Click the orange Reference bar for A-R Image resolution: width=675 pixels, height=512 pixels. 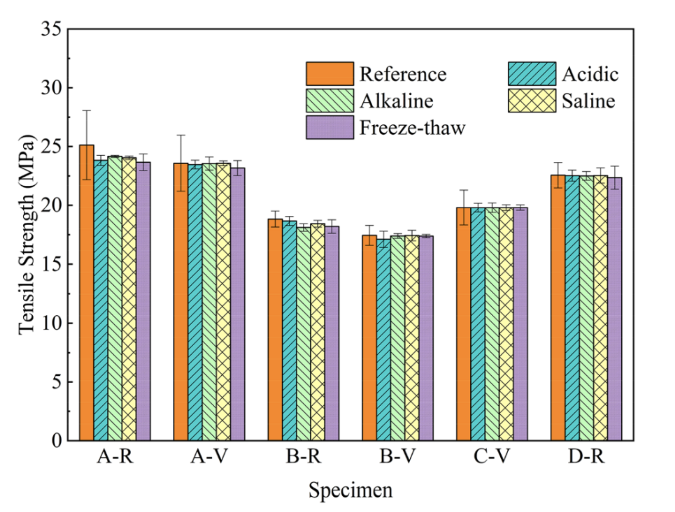pos(87,292)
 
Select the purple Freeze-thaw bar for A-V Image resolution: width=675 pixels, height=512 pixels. pos(238,304)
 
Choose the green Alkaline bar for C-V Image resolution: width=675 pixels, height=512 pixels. pos(492,324)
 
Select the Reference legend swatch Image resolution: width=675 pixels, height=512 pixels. pos(330,74)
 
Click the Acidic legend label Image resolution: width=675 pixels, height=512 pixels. pos(590,74)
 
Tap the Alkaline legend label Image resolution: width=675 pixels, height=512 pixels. pos(396,101)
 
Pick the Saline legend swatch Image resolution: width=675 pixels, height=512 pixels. pos(532,101)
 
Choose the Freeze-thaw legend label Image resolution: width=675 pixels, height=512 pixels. pos(412,128)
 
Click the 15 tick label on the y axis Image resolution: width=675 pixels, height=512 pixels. pos(52,264)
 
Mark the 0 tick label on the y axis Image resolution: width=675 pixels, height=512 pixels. pos(57,440)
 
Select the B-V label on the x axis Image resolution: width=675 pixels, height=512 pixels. pos(398,457)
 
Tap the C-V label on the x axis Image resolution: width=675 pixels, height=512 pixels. pos(492,457)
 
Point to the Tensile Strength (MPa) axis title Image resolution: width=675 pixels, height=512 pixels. pos(27,235)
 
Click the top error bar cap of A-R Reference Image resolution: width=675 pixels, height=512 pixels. pos(87,111)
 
